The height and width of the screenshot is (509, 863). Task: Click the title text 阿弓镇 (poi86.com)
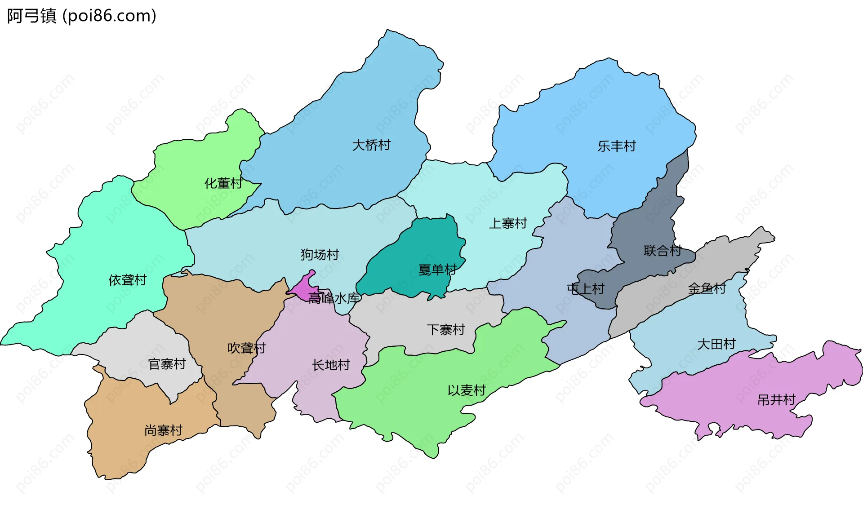(x=81, y=16)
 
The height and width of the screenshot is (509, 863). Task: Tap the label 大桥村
(x=371, y=145)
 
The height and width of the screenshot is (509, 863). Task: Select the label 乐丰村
(x=616, y=146)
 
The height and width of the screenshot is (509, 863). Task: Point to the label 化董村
(x=223, y=183)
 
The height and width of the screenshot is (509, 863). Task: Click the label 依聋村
(x=128, y=280)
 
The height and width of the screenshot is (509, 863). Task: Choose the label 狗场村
(x=320, y=255)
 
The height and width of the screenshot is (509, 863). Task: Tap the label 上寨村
(x=508, y=223)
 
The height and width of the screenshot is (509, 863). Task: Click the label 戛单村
(x=437, y=270)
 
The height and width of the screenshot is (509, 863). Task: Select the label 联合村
(x=662, y=251)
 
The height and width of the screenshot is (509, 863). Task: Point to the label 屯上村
(x=585, y=289)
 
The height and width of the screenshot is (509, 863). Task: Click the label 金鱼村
(x=707, y=288)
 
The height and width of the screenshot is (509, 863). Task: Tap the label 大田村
(x=716, y=344)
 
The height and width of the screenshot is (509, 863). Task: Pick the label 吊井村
(x=776, y=400)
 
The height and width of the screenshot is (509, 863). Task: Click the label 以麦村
(x=467, y=390)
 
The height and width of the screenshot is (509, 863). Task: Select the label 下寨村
(x=445, y=330)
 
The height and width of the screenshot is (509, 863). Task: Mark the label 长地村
(x=331, y=365)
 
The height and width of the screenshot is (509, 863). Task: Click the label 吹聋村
(x=246, y=348)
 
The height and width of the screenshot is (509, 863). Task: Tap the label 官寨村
(x=167, y=364)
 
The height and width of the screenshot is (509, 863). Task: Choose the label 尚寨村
(x=163, y=430)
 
